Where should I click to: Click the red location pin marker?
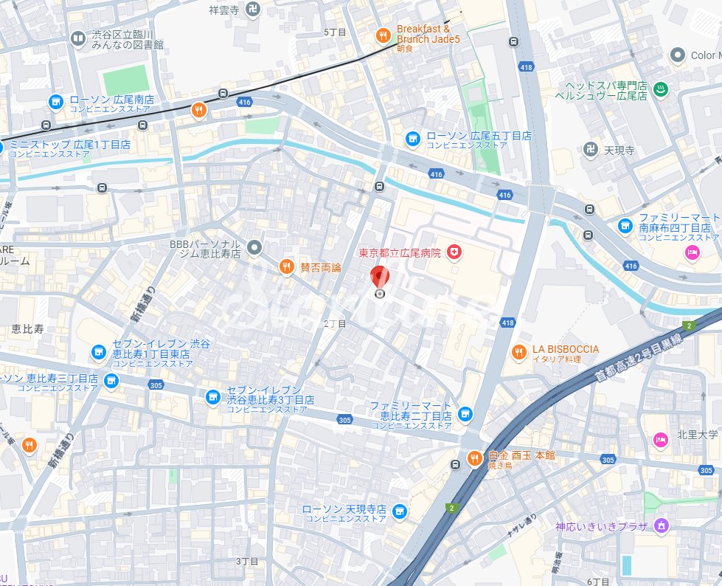click(x=380, y=278)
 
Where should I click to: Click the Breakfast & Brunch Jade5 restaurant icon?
click(x=382, y=35)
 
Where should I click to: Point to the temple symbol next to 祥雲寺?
click(x=254, y=9)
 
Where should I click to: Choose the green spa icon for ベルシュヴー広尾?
click(x=662, y=89)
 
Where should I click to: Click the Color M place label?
click(x=703, y=55)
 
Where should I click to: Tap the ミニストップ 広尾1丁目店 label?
click(x=70, y=145)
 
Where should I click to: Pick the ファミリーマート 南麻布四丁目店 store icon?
click(x=625, y=226)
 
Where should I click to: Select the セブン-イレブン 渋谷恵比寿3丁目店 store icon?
click(x=212, y=397)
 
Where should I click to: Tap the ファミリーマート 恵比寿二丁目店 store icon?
click(x=465, y=413)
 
